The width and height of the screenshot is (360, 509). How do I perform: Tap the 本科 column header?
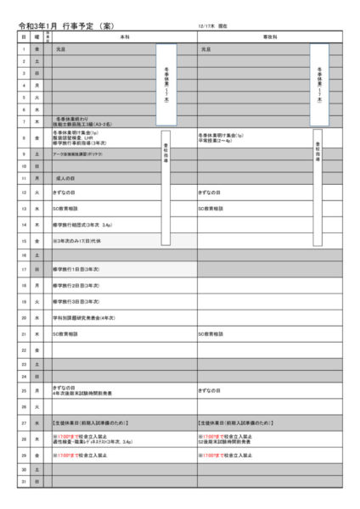[x=124, y=37]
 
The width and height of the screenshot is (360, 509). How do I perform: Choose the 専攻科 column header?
[x=270, y=37]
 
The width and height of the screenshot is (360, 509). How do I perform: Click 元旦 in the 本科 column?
[x=61, y=50]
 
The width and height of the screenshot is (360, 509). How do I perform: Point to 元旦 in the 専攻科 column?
[x=206, y=50]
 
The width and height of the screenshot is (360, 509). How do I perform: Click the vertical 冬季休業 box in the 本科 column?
[x=166, y=84]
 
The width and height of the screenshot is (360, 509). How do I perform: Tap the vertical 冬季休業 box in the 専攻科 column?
[x=318, y=84]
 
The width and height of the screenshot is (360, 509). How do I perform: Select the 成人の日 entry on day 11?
[x=65, y=179]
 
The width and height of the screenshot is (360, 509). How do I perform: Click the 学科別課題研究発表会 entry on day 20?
[x=85, y=317]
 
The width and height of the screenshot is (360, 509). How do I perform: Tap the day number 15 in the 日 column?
[x=24, y=240]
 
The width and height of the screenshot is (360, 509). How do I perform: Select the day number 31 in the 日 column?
[x=24, y=482]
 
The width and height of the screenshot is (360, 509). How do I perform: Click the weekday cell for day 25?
[x=37, y=391]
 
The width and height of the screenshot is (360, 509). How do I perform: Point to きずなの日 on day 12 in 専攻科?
[x=209, y=193]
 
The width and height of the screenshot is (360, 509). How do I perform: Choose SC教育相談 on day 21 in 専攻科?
[x=210, y=333]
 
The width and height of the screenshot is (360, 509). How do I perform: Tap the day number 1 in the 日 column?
[x=24, y=50]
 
